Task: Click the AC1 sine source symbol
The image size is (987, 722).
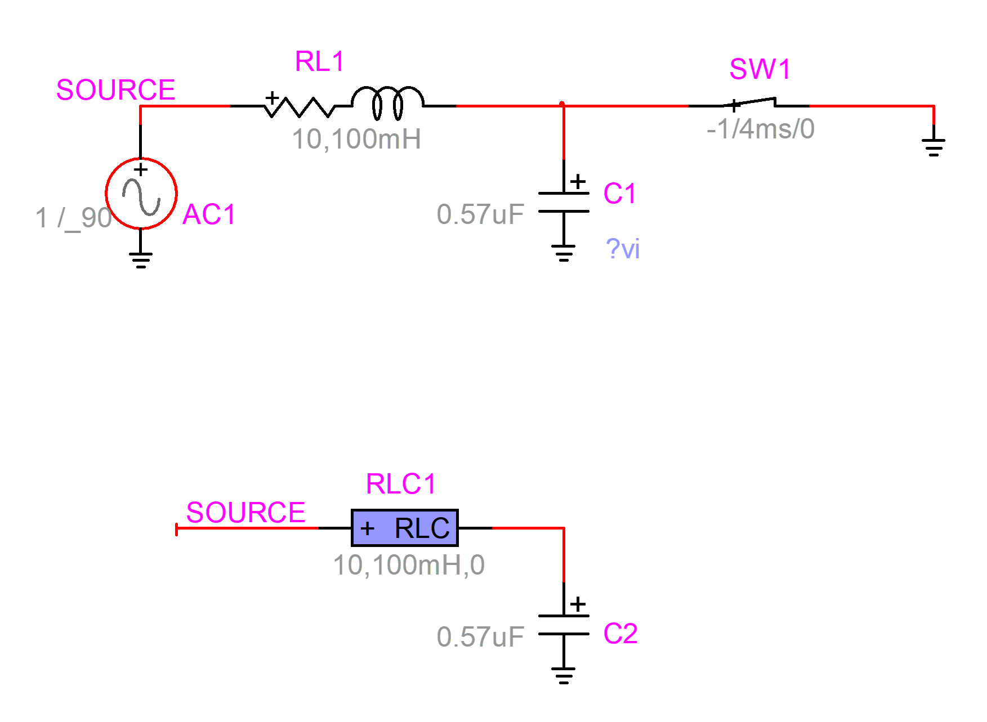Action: [141, 194]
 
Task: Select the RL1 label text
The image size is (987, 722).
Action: [319, 61]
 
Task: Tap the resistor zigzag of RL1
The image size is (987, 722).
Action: [299, 106]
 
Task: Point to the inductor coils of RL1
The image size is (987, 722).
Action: [387, 102]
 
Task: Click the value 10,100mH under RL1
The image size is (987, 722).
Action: [356, 139]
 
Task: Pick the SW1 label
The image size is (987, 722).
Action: [760, 70]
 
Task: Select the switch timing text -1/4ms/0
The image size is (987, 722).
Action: [760, 129]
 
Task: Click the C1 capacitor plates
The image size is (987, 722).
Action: [564, 202]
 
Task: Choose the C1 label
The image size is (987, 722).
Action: [619, 194]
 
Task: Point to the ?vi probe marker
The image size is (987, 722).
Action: [623, 249]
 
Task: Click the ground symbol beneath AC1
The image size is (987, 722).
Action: [141, 259]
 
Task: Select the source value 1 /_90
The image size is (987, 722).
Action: [73, 218]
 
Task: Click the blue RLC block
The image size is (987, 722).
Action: [404, 528]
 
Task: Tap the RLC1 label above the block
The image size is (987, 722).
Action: [401, 484]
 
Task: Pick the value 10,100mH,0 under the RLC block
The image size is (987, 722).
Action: [409, 565]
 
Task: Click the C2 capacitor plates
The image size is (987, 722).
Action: [564, 625]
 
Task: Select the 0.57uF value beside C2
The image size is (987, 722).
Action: [480, 637]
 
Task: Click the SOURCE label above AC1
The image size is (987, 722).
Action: [115, 90]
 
